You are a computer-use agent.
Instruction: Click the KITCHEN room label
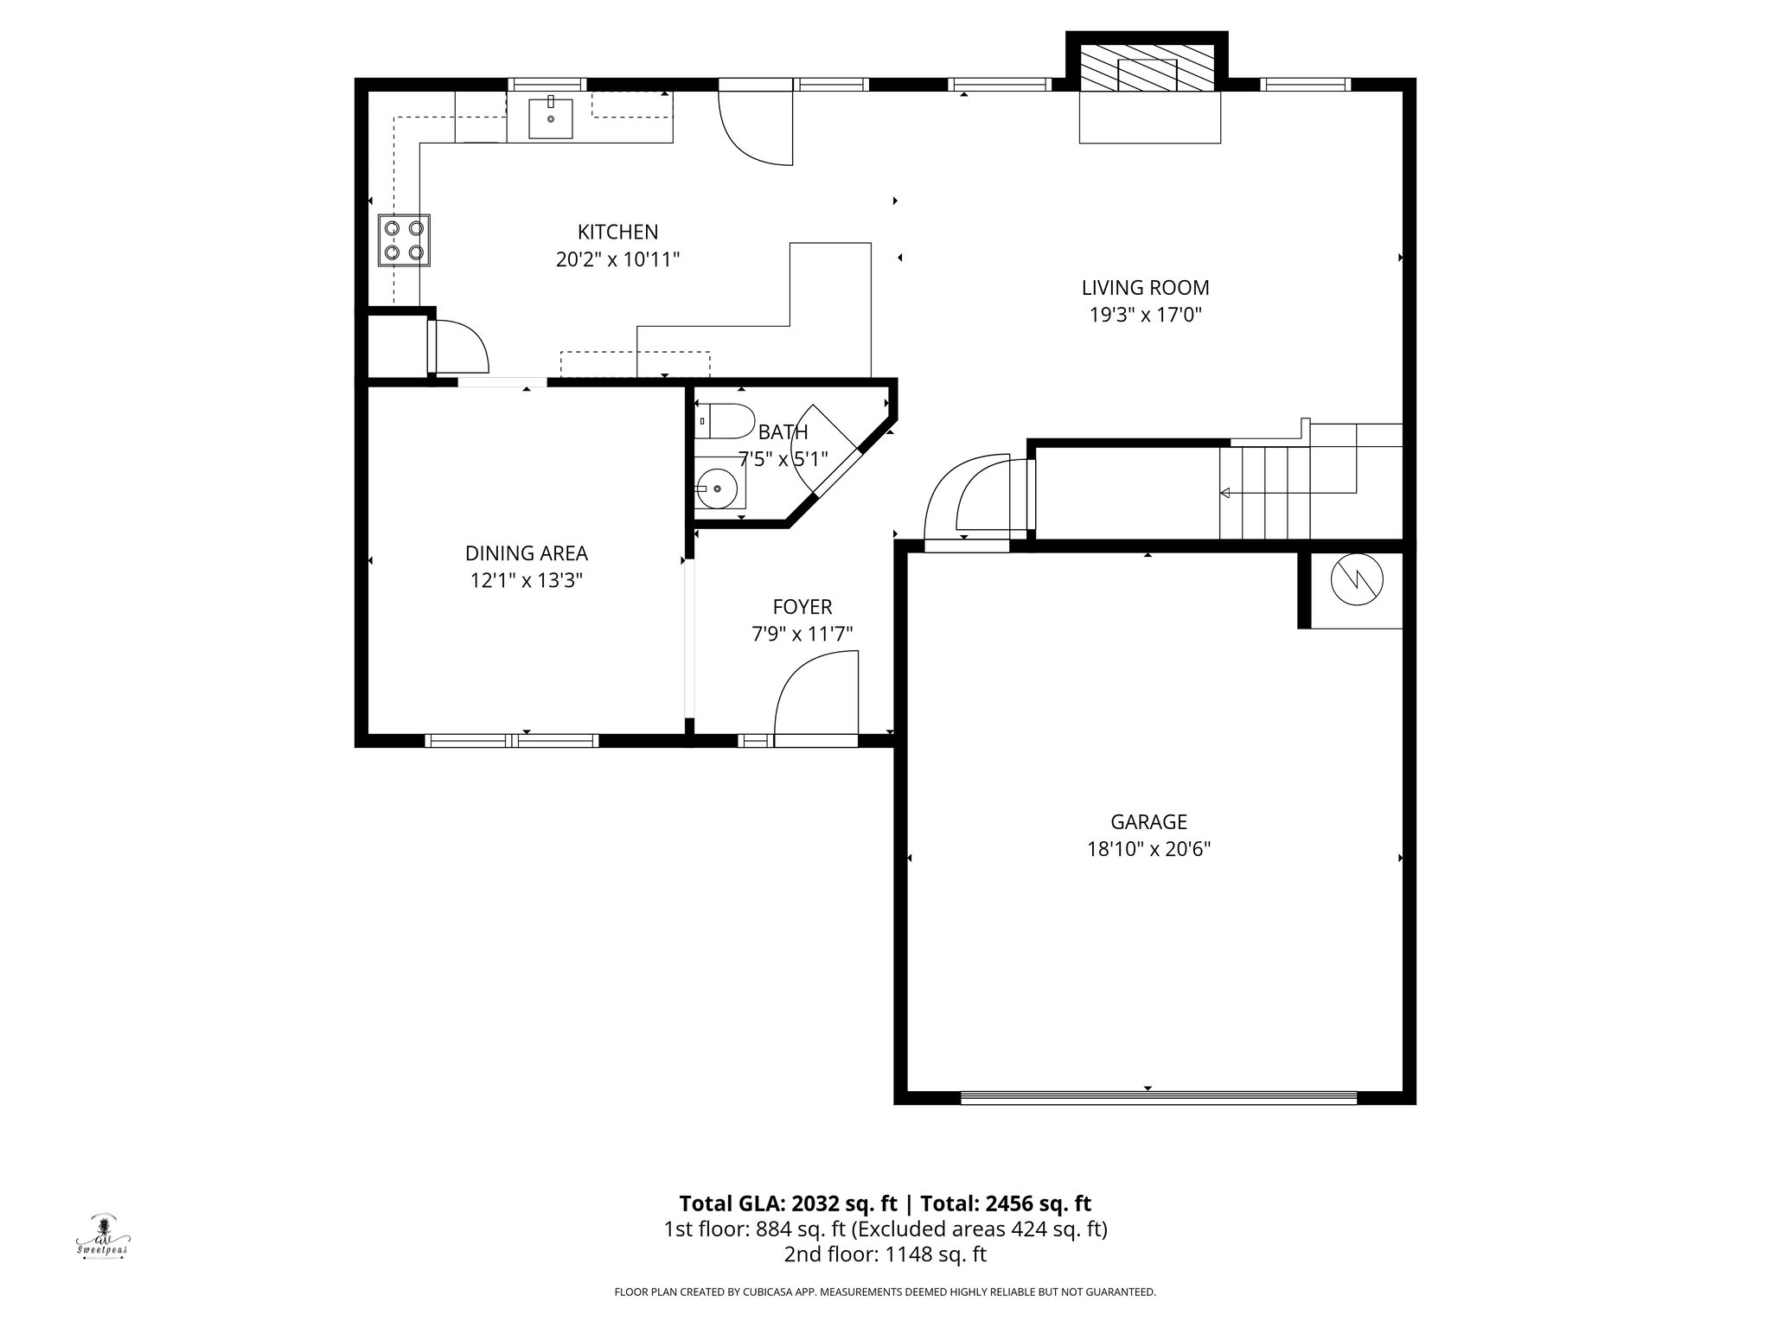[617, 232]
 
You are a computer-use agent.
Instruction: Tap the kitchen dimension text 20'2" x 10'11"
[617, 259]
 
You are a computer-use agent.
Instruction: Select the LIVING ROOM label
[1145, 287]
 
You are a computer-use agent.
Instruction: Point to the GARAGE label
[1148, 821]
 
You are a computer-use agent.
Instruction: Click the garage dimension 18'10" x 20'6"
[1148, 849]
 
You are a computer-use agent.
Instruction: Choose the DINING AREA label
[526, 553]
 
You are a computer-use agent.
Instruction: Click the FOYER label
[802, 607]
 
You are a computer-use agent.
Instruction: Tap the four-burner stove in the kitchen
[404, 240]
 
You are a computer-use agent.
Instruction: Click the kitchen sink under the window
[551, 118]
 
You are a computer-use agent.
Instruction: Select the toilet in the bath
[725, 420]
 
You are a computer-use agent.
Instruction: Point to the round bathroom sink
[719, 489]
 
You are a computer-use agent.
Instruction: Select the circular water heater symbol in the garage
[1356, 580]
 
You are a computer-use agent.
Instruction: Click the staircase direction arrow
[1224, 493]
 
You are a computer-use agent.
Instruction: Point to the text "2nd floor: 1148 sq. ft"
[885, 1255]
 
